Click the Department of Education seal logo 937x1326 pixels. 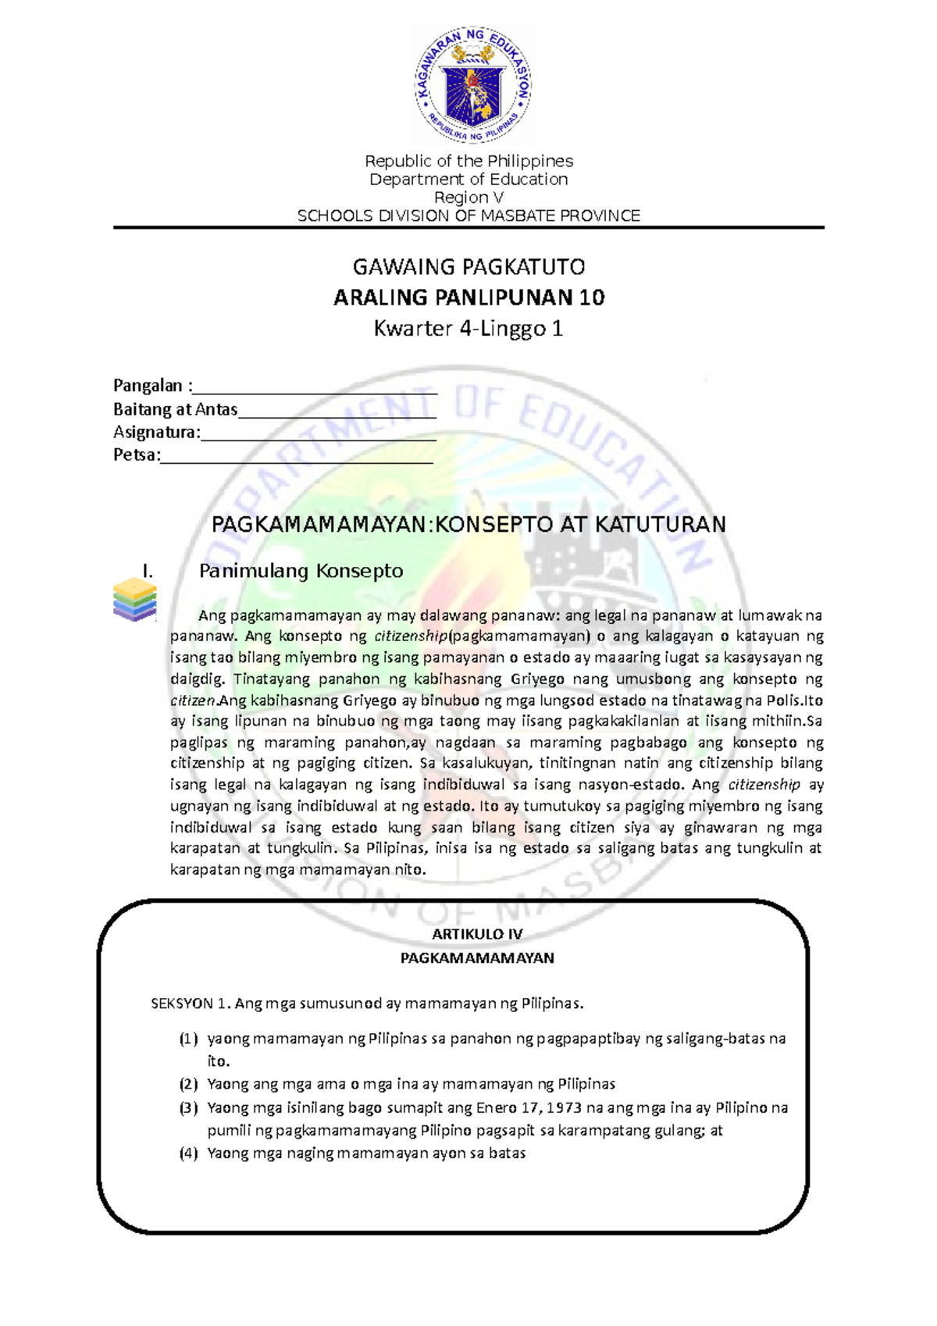click(x=472, y=84)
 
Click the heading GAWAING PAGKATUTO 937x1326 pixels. click(x=468, y=267)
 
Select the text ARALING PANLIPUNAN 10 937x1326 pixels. click(x=468, y=298)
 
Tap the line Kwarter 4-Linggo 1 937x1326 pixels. click(x=468, y=329)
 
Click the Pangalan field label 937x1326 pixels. click(x=151, y=386)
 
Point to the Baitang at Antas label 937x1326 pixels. click(x=175, y=409)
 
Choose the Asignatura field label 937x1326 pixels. click(x=156, y=433)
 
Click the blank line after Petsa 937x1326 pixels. click(x=297, y=458)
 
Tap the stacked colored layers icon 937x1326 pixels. click(x=134, y=600)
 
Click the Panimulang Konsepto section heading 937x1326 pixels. click(x=301, y=571)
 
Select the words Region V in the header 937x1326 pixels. click(x=468, y=198)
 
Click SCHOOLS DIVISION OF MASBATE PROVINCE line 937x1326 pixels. click(x=468, y=216)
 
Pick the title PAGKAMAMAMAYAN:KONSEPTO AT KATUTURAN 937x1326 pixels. click(x=468, y=524)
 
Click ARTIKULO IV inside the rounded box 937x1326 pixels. click(x=477, y=935)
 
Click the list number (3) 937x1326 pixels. click(x=188, y=1108)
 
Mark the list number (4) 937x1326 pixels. click(x=188, y=1153)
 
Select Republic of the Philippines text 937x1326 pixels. click(x=468, y=161)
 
